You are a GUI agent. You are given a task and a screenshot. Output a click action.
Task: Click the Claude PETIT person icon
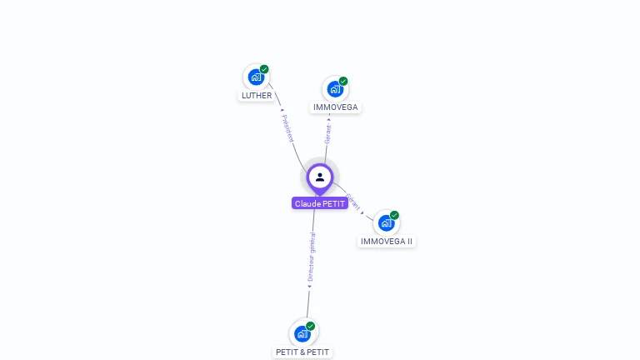pyautogui.click(x=320, y=177)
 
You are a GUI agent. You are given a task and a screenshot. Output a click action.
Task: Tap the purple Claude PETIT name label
pyautogui.click(x=320, y=203)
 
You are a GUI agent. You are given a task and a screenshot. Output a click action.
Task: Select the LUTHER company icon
pyautogui.click(x=256, y=77)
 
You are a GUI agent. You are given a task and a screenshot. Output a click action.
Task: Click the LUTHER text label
pyautogui.click(x=257, y=96)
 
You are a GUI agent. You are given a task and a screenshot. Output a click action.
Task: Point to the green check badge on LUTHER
pyautogui.click(x=264, y=69)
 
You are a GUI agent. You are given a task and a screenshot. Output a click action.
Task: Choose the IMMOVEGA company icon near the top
pyautogui.click(x=335, y=88)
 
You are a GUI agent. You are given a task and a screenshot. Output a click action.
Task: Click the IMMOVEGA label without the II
pyautogui.click(x=336, y=107)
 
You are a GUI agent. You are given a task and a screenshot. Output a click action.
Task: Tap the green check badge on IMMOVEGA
pyautogui.click(x=343, y=81)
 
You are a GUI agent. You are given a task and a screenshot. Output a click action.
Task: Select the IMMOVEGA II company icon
pyautogui.click(x=386, y=222)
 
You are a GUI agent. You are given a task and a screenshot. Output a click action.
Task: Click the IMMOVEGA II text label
pyautogui.click(x=387, y=242)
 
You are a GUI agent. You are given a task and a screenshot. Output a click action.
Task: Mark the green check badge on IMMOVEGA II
pyautogui.click(x=394, y=215)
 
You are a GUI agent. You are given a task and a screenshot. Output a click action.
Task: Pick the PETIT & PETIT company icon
pyautogui.click(x=302, y=333)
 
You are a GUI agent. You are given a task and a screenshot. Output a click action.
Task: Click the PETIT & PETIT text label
pyautogui.click(x=302, y=352)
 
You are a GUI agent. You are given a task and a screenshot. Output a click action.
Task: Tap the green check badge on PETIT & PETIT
pyautogui.click(x=311, y=326)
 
